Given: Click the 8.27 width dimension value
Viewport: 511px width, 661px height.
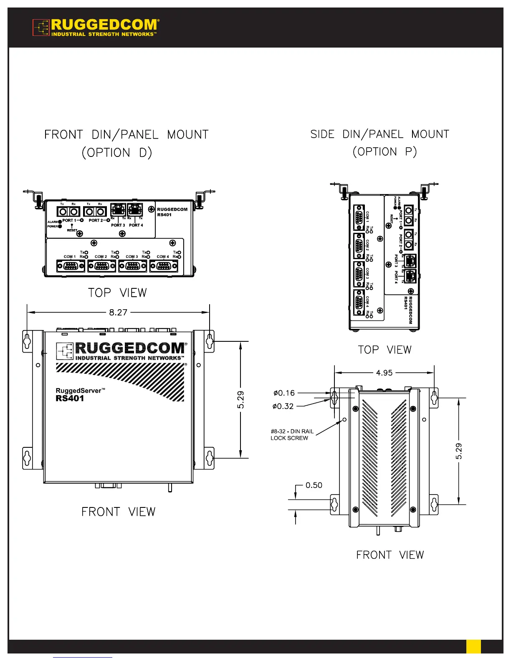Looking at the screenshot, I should coord(118,313).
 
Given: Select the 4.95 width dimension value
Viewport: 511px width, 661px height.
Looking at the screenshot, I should coord(384,373).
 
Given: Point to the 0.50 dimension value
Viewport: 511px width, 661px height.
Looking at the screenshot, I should coord(314,485).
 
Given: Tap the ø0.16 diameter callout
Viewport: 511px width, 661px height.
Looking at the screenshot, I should coord(284,393).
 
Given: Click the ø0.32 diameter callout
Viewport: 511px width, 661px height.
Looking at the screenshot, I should coord(283,406).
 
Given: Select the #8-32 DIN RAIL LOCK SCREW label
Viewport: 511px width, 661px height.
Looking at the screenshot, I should coord(292,435).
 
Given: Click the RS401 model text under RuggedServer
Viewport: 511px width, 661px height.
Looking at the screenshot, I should coord(70,399).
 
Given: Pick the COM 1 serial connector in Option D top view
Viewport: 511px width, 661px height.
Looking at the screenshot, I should coord(71,266).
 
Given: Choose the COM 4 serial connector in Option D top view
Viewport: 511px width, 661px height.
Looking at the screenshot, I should coord(164,266).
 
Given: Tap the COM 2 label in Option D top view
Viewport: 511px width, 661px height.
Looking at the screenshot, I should coord(101,257).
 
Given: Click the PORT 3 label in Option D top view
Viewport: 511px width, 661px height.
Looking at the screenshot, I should coord(118,225).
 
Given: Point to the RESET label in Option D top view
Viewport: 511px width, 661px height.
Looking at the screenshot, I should coord(72,230).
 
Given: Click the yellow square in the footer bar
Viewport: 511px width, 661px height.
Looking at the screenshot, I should coord(473,646).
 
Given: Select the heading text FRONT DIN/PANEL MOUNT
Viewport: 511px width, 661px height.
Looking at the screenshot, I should coord(126,135).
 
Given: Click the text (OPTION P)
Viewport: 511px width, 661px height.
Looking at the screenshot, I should coord(385,152).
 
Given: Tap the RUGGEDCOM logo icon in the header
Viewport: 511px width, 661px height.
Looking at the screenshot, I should coord(41,28).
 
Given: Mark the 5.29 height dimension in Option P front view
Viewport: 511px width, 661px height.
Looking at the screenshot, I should coord(459,451).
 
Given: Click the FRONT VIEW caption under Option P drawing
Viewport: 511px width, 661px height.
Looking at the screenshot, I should coord(390,555).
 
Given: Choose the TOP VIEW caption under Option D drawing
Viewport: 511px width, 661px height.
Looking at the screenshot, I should coord(117,293).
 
